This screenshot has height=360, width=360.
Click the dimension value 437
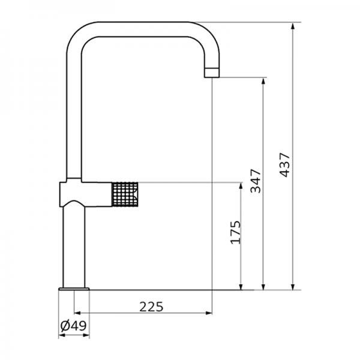coord(285,164)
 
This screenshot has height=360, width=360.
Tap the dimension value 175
coord(235,232)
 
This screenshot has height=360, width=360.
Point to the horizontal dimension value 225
coord(151,307)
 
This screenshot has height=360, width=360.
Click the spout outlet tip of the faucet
coord(212,74)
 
